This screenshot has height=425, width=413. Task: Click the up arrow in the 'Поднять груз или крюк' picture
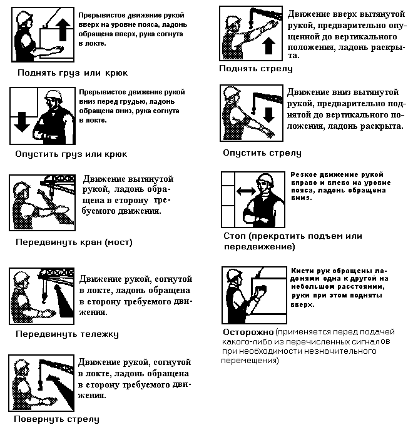(x=63, y=30)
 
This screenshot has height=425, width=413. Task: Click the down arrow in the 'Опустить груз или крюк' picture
(x=22, y=122)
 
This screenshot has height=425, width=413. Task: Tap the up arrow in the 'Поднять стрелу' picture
(x=268, y=46)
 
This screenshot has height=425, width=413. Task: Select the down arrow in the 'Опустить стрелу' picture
(x=268, y=115)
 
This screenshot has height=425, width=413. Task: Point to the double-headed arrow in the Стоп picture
(x=246, y=191)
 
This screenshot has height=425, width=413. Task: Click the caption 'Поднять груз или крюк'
(x=73, y=73)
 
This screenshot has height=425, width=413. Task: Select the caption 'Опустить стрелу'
(x=262, y=153)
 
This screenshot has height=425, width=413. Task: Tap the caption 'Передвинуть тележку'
(x=67, y=334)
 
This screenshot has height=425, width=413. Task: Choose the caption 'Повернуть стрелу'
(x=56, y=419)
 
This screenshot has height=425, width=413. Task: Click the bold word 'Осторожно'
(x=248, y=332)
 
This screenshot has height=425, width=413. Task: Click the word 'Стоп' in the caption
(x=235, y=236)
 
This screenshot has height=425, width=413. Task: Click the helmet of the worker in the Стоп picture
(x=264, y=179)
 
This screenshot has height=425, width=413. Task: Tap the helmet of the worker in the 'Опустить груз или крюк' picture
(x=53, y=95)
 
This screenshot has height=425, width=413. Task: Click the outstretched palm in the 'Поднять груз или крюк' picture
(x=58, y=49)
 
